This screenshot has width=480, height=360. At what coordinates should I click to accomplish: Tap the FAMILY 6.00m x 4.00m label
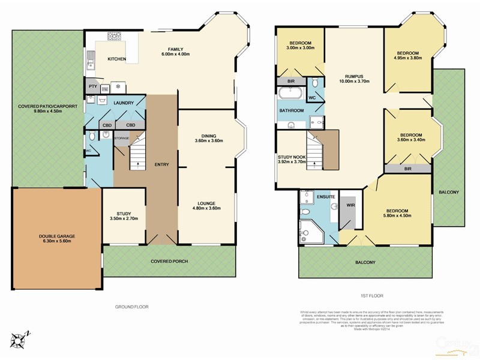(175, 52)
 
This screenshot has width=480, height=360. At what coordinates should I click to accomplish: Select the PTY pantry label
(92, 87)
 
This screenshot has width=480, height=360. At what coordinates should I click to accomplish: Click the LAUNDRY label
(123, 103)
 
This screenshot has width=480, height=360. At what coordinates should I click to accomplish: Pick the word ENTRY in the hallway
(161, 164)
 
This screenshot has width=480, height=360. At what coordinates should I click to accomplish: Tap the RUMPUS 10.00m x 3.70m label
(353, 78)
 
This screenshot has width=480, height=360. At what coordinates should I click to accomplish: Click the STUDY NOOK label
(292, 159)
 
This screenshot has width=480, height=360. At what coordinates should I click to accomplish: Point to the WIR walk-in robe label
(350, 205)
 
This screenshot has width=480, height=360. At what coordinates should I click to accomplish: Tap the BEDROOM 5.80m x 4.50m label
(398, 214)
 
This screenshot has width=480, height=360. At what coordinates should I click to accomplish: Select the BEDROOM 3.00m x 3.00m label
(299, 47)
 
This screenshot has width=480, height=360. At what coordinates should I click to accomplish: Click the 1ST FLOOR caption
(372, 296)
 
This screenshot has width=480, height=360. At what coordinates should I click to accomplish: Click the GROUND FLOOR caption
(131, 307)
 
